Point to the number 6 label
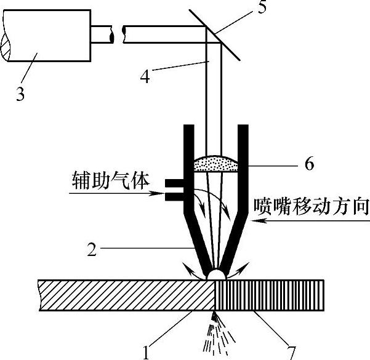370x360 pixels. tap(309, 164)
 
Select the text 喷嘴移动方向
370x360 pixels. tap(311, 205)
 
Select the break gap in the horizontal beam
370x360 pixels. tap(118, 34)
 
